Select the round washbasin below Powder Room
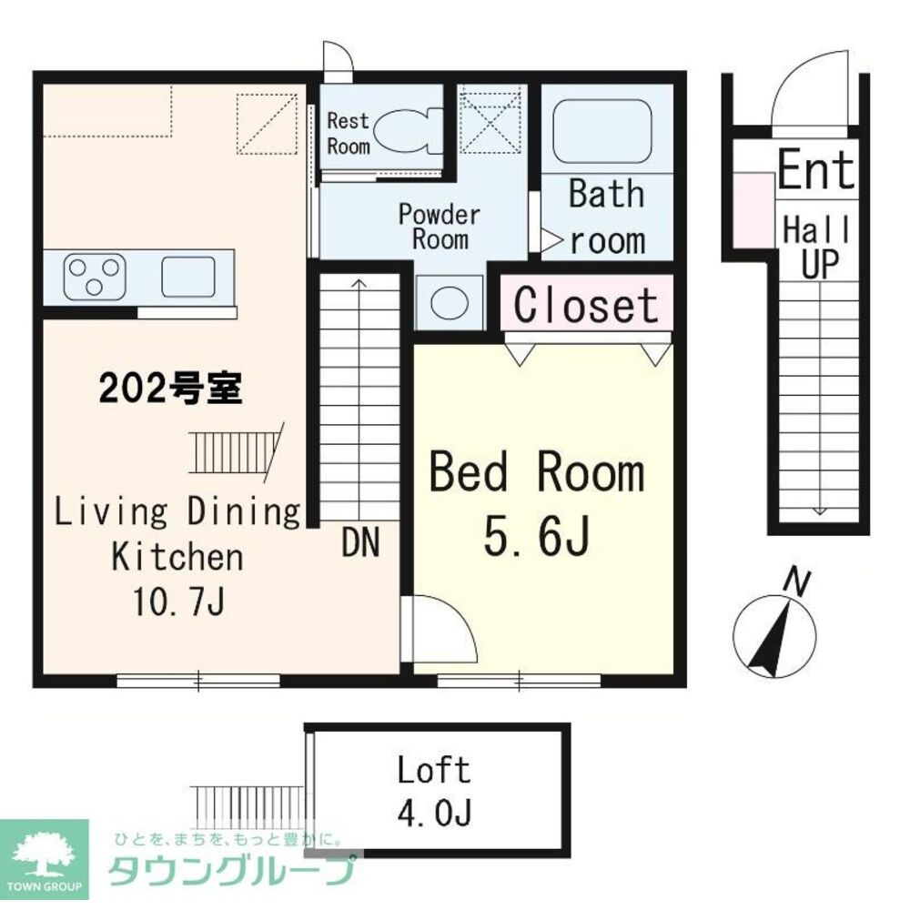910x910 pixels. pyautogui.click(x=450, y=302)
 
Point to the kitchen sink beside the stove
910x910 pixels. pyautogui.click(x=187, y=276)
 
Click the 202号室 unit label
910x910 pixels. pyautogui.click(x=170, y=389)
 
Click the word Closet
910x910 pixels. pyautogui.click(x=585, y=305)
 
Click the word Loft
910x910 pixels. pyautogui.click(x=434, y=771)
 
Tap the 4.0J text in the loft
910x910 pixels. pyautogui.click(x=434, y=813)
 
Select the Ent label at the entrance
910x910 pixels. pyautogui.click(x=816, y=170)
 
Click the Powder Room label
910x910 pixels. pyautogui.click(x=440, y=227)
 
